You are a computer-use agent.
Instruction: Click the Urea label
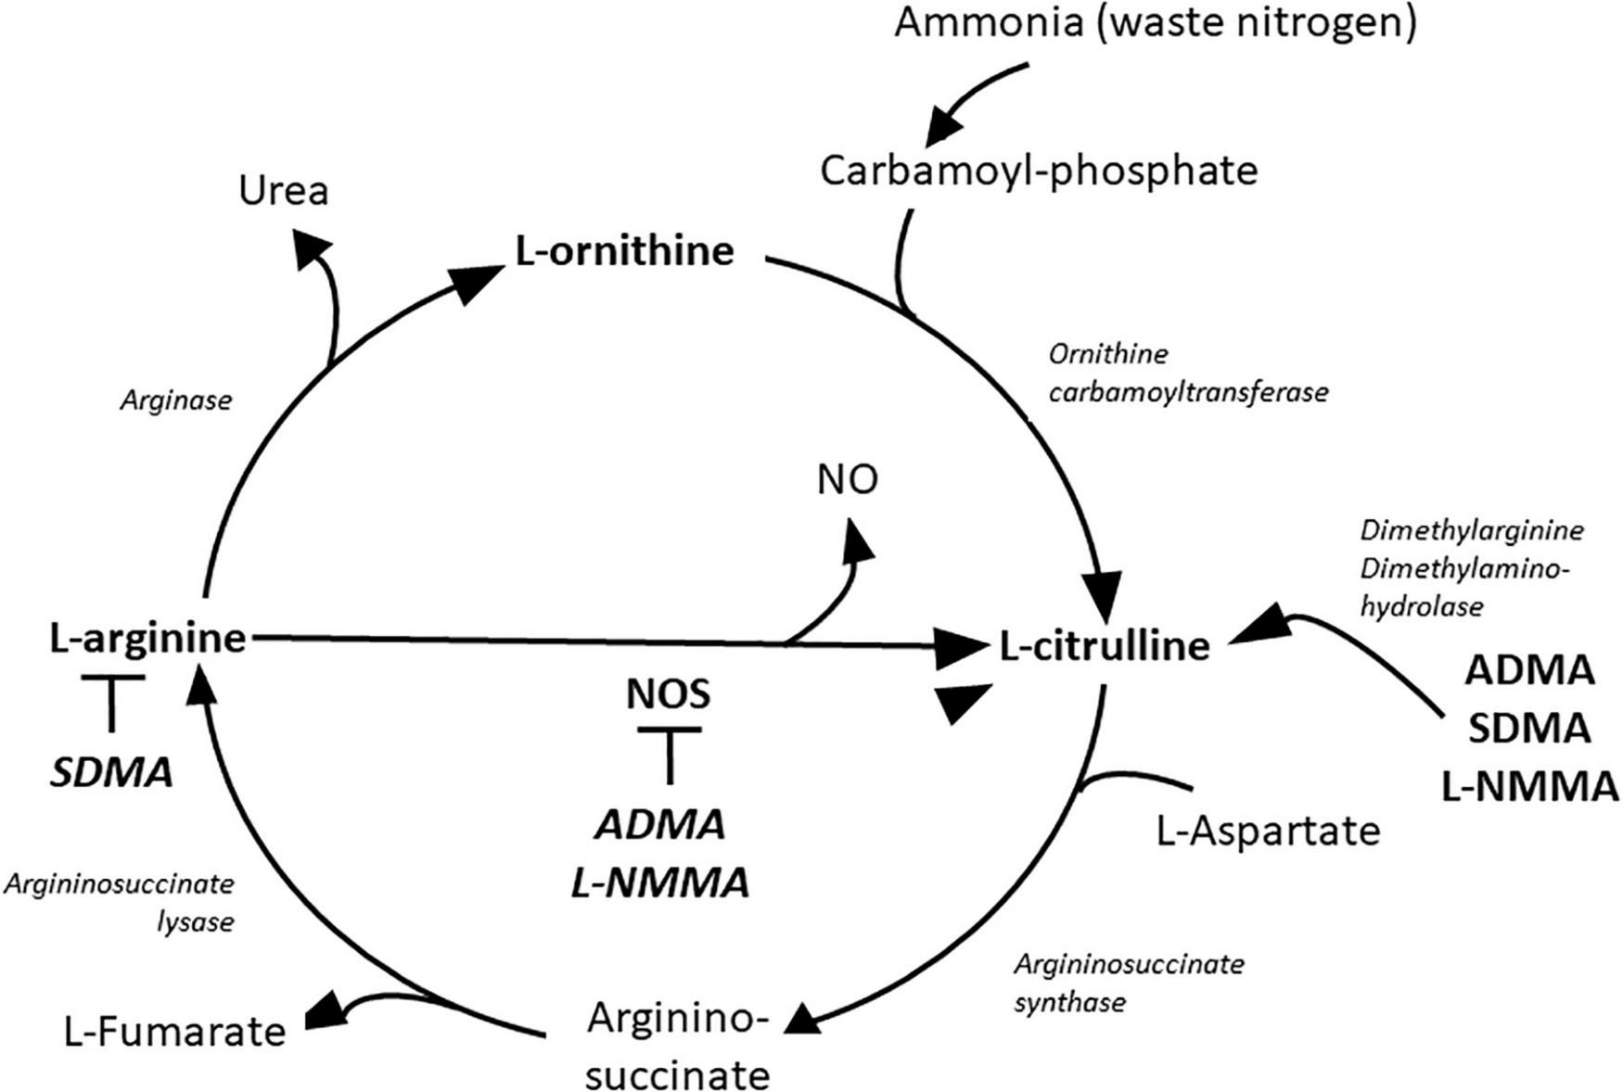click(x=284, y=191)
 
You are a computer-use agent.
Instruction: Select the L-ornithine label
click(x=625, y=251)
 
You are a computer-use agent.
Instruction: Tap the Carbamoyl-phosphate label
click(x=1039, y=171)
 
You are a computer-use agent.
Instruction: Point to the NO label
click(x=847, y=479)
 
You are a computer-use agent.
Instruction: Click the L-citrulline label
click(x=1105, y=646)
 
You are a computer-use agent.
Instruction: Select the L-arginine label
click(x=147, y=639)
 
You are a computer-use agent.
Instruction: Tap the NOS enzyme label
click(x=668, y=693)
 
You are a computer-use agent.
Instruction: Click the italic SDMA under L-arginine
click(x=111, y=772)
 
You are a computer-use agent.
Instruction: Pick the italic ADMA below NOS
click(x=660, y=825)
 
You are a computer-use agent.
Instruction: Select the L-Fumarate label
click(x=175, y=1031)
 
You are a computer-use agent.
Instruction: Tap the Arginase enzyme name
click(x=176, y=400)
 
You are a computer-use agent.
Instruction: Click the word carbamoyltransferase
click(x=1188, y=392)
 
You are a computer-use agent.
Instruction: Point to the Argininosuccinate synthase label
click(x=1128, y=983)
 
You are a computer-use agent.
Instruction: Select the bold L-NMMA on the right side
click(x=1529, y=787)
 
